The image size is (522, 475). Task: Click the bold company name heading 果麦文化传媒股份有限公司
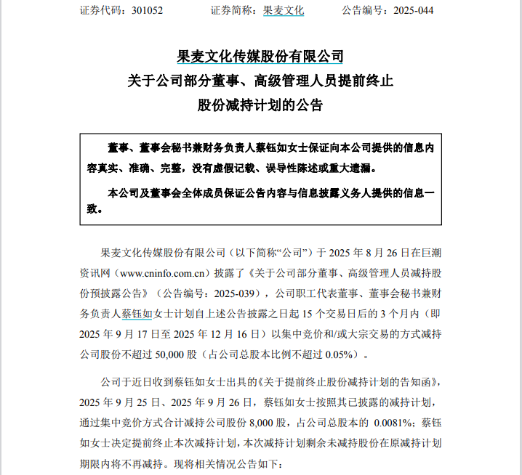point(260,57)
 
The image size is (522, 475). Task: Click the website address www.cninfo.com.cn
point(160,274)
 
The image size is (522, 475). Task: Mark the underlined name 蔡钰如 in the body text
point(137,314)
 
